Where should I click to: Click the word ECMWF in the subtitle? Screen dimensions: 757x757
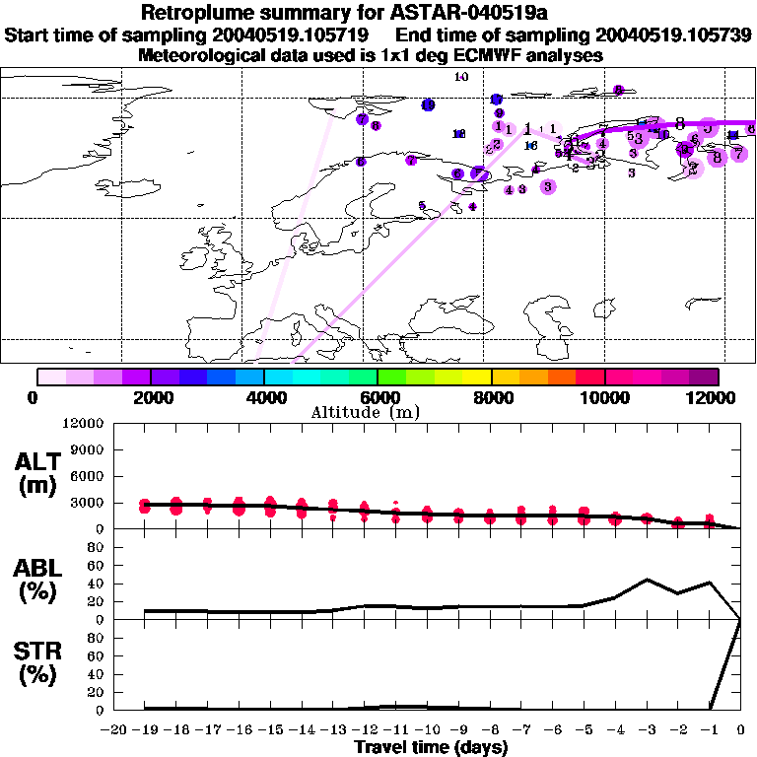tap(479, 55)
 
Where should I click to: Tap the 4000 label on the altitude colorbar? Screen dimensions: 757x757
tap(264, 397)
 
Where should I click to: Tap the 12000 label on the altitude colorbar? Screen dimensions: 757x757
tap(713, 397)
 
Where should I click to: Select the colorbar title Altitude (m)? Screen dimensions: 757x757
tap(378, 412)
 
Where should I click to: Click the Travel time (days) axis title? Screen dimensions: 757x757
tap(431, 747)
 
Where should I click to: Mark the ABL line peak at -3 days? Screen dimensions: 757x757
tap(647, 580)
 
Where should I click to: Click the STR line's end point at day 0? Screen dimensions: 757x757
tap(740, 620)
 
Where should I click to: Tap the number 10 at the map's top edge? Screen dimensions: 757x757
tap(461, 77)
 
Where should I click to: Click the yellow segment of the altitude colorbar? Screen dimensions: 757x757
tap(477, 377)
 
